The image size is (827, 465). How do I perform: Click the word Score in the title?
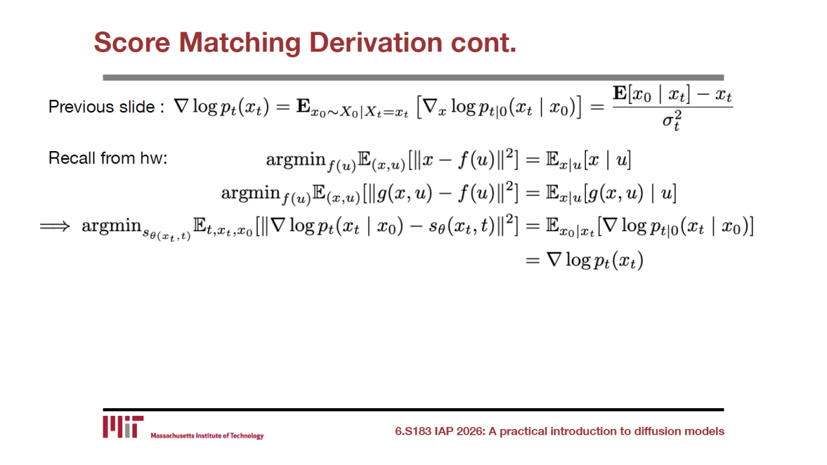click(132, 43)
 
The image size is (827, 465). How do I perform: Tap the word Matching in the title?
click(240, 43)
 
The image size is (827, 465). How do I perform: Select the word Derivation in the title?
click(376, 43)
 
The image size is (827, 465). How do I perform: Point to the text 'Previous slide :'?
click(107, 107)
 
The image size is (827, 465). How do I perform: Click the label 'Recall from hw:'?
click(108, 158)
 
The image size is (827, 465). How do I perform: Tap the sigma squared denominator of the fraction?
click(672, 120)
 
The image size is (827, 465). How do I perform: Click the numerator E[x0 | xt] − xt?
click(673, 94)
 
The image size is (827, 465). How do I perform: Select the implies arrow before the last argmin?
click(55, 226)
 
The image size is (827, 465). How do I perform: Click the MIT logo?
click(123, 427)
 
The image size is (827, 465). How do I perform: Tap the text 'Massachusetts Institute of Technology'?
click(207, 436)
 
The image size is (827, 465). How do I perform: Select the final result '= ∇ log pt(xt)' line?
click(585, 260)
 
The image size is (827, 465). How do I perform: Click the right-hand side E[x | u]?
click(589, 161)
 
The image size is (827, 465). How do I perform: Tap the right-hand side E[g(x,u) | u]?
click(611, 193)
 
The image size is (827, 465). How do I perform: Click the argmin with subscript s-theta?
click(136, 229)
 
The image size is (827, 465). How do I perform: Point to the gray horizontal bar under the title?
click(413, 77)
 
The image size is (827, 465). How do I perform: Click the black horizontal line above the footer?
click(413, 409)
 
